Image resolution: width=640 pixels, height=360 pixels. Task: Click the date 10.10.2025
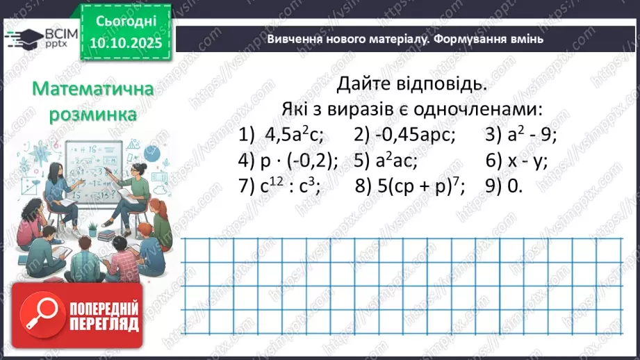coord(126,44)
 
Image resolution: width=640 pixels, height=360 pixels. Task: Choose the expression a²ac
coord(395,161)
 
